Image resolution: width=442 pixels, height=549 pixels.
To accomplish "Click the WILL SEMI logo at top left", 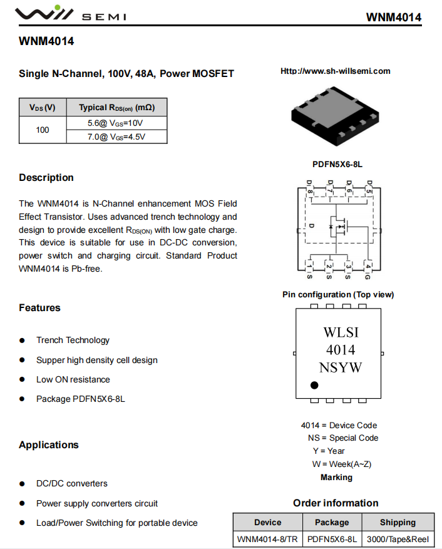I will [x=69, y=14].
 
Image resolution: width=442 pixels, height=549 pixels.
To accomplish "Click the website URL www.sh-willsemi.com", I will [x=335, y=71].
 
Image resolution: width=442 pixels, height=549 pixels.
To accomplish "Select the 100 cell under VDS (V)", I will [x=43, y=130].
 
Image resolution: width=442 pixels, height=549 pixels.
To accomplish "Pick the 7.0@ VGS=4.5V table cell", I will [x=116, y=136].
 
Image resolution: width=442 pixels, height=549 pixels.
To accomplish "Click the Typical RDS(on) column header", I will [x=116, y=107].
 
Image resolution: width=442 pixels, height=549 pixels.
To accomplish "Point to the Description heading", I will [x=46, y=178].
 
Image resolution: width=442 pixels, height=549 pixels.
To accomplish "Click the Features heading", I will [x=39, y=308].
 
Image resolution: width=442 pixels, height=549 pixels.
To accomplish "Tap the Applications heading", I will [x=49, y=445].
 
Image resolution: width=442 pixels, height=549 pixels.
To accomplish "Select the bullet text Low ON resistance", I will [x=73, y=379].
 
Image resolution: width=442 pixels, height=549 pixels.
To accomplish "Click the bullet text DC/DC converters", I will [x=71, y=483].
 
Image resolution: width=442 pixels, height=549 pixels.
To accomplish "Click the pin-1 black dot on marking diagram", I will [x=314, y=385].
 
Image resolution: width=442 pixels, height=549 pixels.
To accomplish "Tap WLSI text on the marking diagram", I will [x=341, y=332].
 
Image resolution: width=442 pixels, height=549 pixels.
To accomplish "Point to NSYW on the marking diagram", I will [x=341, y=367].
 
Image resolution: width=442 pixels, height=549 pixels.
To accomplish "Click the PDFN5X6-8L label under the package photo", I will [x=337, y=165].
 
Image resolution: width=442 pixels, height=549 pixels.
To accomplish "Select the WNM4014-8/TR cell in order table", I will [x=267, y=538].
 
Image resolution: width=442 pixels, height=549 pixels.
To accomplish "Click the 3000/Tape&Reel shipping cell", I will [x=398, y=538].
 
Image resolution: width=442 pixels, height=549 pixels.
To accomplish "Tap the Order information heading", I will [x=336, y=503].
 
